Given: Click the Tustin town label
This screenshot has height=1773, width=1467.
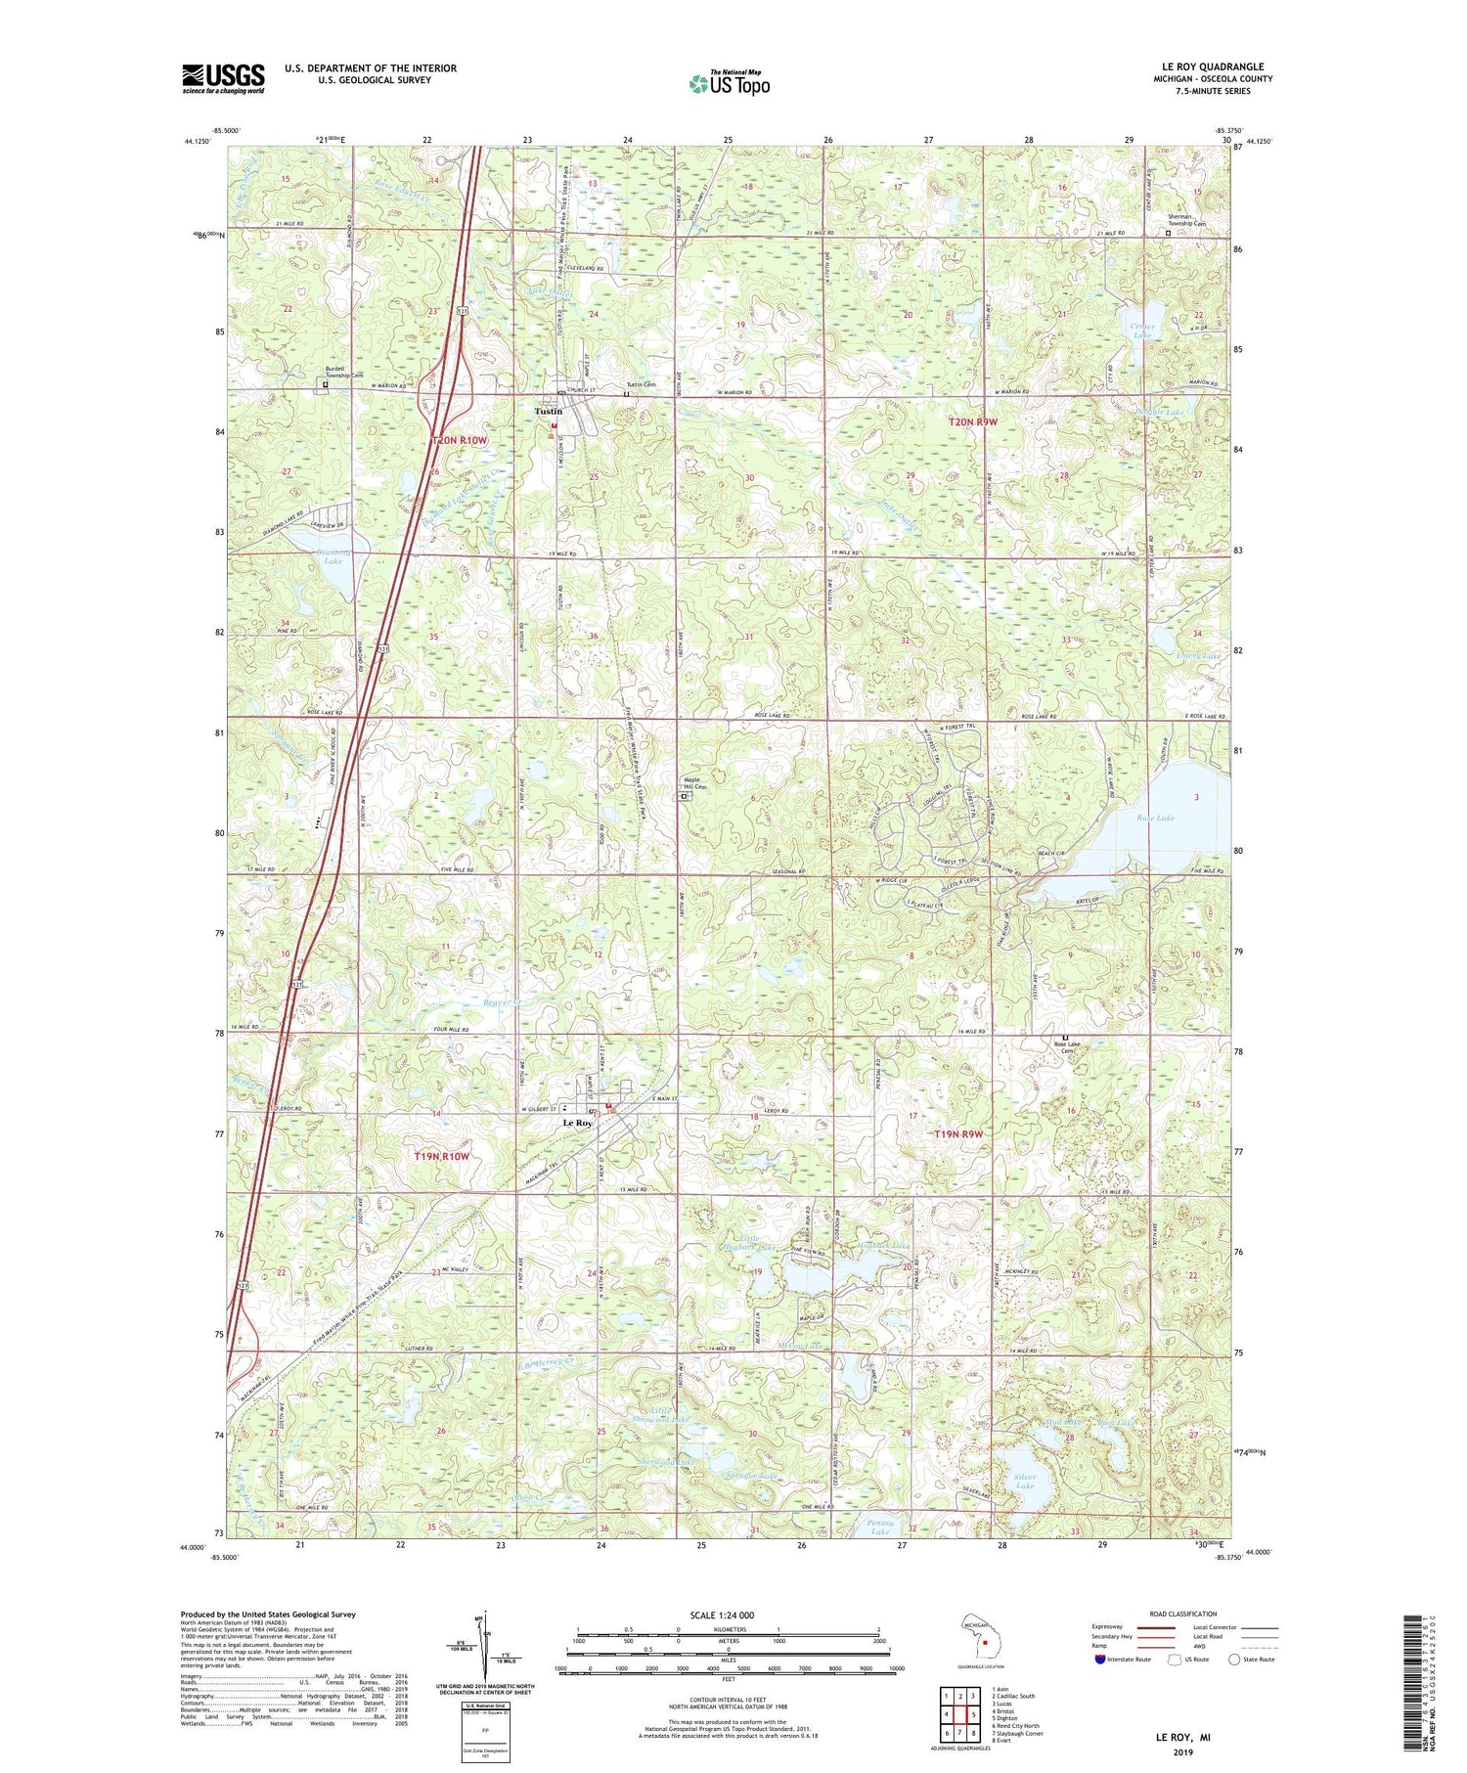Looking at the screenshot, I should [x=548, y=412].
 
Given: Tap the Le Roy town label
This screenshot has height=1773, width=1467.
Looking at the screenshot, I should [x=577, y=1124].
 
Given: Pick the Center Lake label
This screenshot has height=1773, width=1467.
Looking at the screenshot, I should [x=1142, y=331].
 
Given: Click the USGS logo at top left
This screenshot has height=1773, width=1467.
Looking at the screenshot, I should [x=223, y=77].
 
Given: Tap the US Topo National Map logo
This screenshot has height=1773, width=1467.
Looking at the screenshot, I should [x=729, y=83].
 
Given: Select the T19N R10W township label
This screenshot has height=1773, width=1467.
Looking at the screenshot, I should [x=442, y=1156].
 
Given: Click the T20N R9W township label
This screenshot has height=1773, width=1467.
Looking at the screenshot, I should [x=978, y=421].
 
